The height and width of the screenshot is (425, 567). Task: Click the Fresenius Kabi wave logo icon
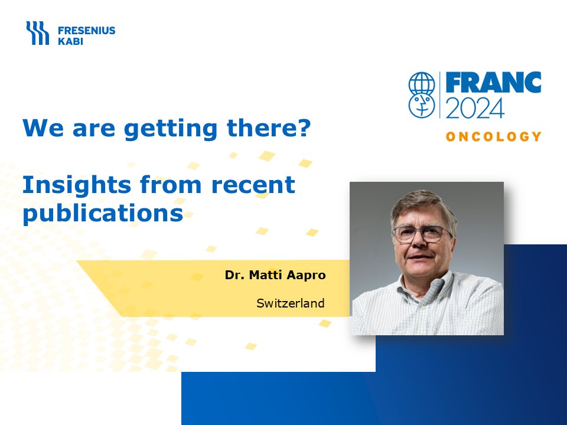[x=37, y=33]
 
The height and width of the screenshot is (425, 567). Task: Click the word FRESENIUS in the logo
[x=86, y=30]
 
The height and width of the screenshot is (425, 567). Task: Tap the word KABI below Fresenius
[x=70, y=41]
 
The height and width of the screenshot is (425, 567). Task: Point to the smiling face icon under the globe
[x=422, y=106]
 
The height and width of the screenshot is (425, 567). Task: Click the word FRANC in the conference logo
[x=493, y=83]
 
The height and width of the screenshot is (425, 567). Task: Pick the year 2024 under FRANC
[x=475, y=108]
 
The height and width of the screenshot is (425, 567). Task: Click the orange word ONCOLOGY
[x=493, y=136]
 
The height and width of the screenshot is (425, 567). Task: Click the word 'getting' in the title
[x=170, y=129]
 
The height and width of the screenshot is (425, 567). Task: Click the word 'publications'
[x=103, y=213]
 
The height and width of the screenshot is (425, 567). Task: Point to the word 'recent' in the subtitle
[x=253, y=185]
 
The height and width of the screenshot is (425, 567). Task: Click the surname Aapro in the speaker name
[x=306, y=276]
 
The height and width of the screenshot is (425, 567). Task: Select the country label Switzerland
[x=291, y=303]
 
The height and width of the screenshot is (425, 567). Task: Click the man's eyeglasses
[x=422, y=234]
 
